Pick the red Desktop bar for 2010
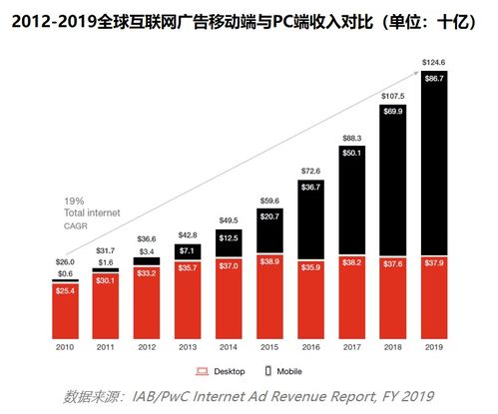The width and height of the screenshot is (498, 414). click(66, 303)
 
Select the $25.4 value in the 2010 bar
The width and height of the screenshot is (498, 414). click(66, 292)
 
